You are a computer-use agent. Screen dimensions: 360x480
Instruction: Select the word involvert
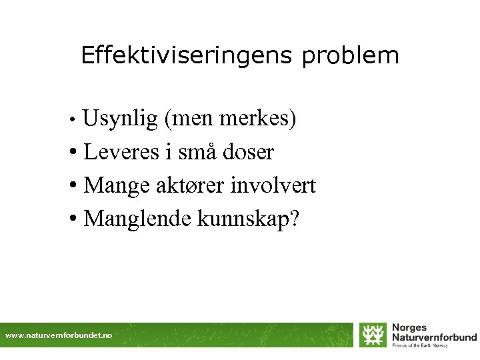tap(273, 185)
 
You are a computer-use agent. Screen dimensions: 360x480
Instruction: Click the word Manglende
tap(138, 218)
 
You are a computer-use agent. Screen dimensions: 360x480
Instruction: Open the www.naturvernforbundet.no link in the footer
tap(59, 335)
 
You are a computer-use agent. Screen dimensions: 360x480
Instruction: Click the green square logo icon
tap(373, 335)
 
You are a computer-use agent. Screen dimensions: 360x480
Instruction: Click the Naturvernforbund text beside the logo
tap(434, 337)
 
